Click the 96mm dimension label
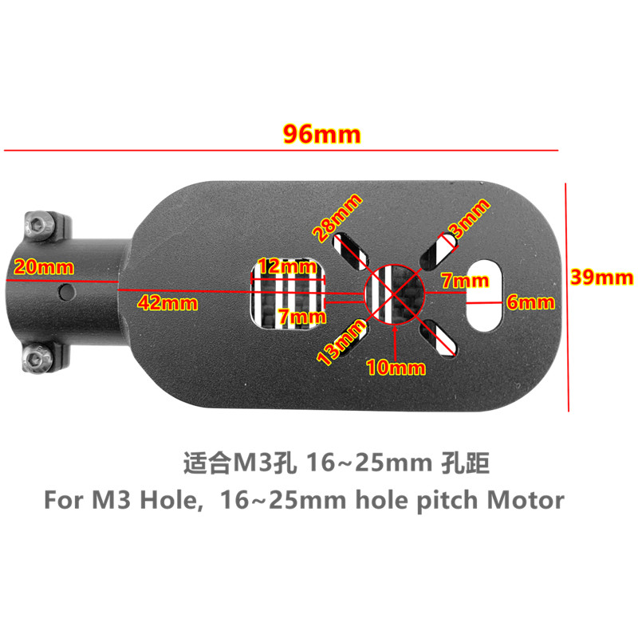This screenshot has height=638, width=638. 323,133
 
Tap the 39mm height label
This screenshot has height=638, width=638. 602,278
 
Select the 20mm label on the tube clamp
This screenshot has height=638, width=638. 34,267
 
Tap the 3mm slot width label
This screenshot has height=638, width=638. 469,217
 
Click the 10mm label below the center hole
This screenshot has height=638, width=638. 396,368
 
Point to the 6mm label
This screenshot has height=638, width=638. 530,302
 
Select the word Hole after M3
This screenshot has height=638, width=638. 166,501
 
